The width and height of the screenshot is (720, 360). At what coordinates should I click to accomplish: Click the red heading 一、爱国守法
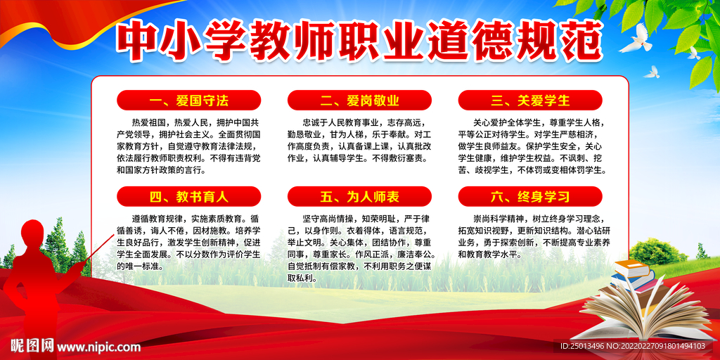tap(188, 101)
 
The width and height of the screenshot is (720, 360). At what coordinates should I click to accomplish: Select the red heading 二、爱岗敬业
tap(359, 101)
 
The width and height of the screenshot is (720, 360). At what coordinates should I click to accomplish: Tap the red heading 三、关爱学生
tap(530, 101)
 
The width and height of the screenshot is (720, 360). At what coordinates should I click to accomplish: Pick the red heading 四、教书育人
tap(188, 196)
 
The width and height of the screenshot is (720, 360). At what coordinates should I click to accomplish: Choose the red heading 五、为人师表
tap(359, 196)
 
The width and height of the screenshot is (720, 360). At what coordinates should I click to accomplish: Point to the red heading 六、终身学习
tap(530, 196)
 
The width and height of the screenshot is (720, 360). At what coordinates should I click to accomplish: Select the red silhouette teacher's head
tap(32, 232)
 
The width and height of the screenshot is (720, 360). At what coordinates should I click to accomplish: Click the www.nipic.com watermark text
tap(98, 347)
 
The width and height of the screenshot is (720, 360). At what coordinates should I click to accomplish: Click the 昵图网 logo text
tap(31, 346)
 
